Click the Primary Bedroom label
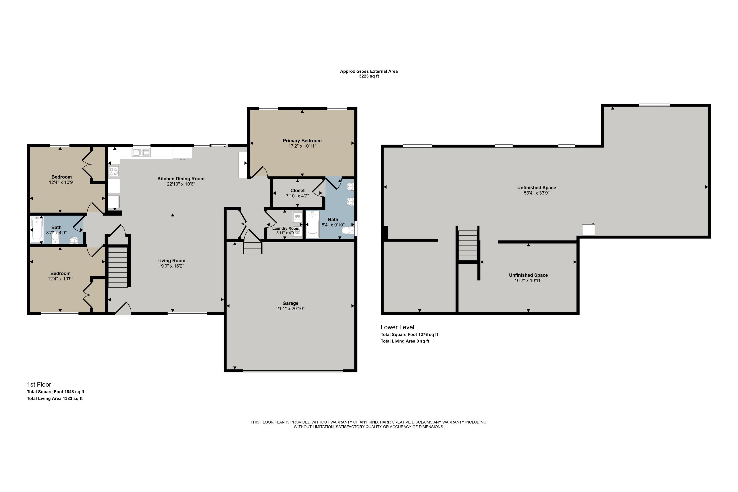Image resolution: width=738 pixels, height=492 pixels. pyautogui.click(x=302, y=140)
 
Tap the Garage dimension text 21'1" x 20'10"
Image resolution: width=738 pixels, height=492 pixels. pyautogui.click(x=290, y=308)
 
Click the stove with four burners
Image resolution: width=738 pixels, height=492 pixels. pyautogui.click(x=114, y=172)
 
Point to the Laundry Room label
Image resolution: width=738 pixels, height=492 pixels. pyautogui.click(x=286, y=229)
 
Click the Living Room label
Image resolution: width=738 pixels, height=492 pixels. pyautogui.click(x=171, y=261)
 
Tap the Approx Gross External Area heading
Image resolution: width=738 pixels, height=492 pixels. pyautogui.click(x=369, y=71)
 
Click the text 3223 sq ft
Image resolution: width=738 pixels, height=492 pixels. pyautogui.click(x=369, y=76)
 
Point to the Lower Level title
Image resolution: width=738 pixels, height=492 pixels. pyautogui.click(x=397, y=327)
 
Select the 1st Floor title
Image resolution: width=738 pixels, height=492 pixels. pyautogui.click(x=39, y=384)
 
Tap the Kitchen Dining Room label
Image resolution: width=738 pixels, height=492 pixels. pyautogui.click(x=181, y=179)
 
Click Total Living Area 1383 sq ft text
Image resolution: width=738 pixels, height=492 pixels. pyautogui.click(x=55, y=399)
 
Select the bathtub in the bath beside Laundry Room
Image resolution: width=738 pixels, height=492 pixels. pyautogui.click(x=312, y=223)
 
